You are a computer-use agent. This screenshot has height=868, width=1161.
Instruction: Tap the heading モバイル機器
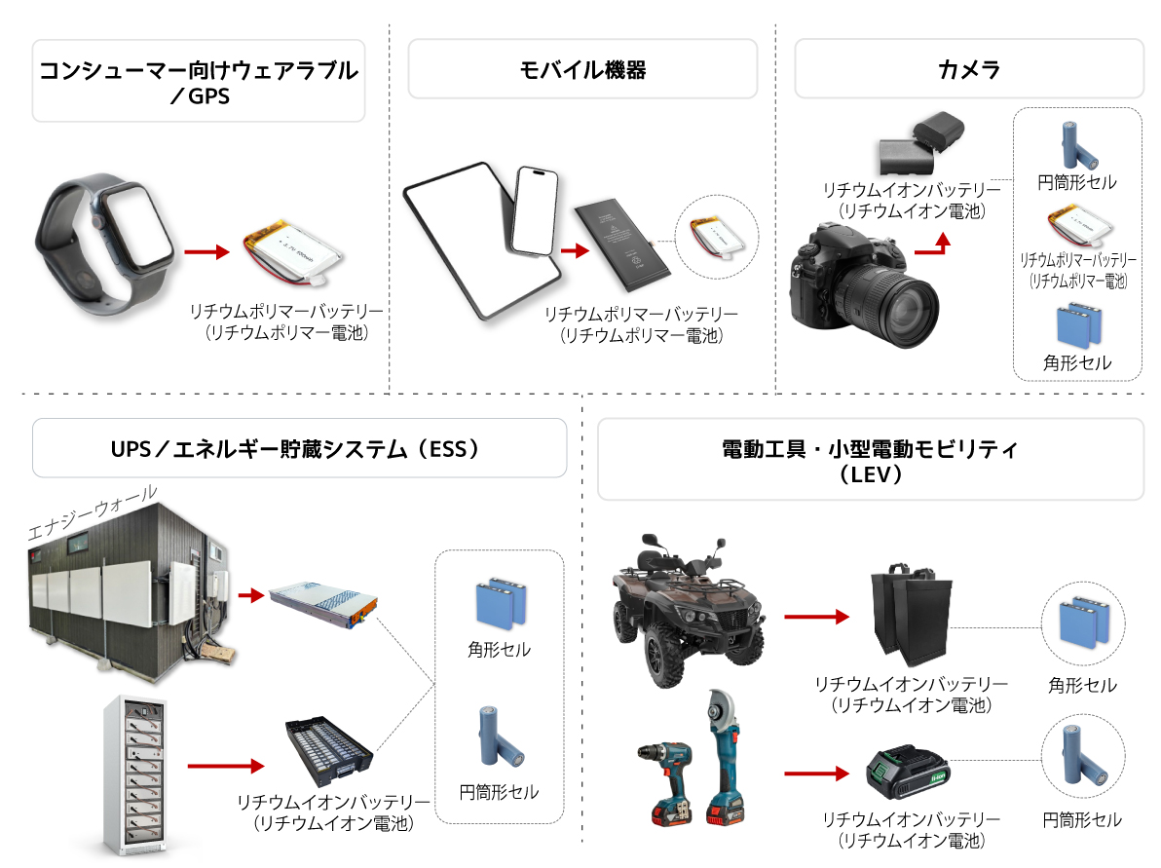pyautogui.click(x=583, y=69)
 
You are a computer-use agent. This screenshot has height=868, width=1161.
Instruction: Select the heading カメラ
pyautogui.click(x=968, y=69)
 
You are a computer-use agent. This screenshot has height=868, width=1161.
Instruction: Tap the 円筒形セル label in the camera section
pyautogui.click(x=1076, y=182)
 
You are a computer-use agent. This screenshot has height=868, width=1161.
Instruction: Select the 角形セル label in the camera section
pyautogui.click(x=1076, y=363)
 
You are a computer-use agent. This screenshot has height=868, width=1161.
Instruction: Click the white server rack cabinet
pyautogui.click(x=134, y=774)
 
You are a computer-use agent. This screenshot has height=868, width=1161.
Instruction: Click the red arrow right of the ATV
pyautogui.click(x=816, y=616)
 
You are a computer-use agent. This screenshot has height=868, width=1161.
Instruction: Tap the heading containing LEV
pyautogui.click(x=870, y=461)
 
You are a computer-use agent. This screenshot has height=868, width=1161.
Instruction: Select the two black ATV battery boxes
pyautogui.click(x=911, y=614)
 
